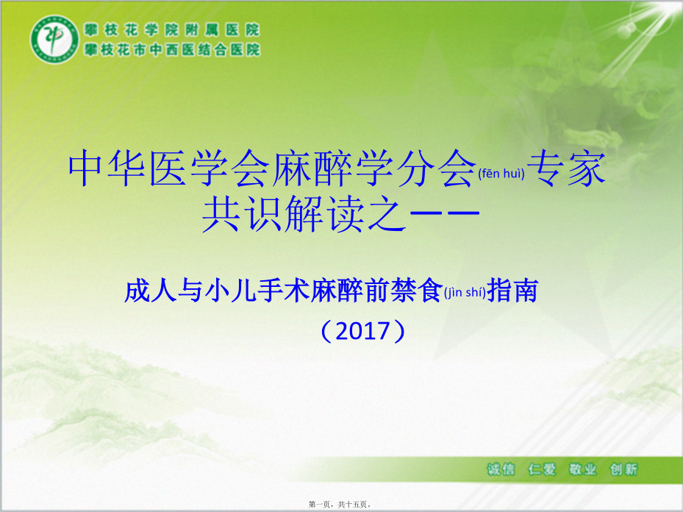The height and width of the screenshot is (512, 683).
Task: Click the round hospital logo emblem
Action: (x=54, y=40)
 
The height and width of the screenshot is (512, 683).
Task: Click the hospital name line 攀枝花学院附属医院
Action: (x=171, y=29)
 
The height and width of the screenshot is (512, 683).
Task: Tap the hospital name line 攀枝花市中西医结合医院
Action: (x=171, y=49)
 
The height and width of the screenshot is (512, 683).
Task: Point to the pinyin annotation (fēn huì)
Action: (x=501, y=174)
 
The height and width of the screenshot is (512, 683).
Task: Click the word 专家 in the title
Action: (x=566, y=168)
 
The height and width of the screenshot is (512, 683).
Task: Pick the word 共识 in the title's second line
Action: (x=242, y=213)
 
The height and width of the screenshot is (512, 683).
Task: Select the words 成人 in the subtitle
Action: (x=150, y=291)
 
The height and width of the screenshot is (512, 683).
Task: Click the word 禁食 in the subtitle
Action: (x=416, y=291)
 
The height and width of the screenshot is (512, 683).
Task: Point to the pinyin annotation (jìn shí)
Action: (x=465, y=292)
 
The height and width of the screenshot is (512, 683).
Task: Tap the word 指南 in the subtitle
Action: (x=512, y=291)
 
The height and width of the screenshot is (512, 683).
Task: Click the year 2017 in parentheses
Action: (x=363, y=331)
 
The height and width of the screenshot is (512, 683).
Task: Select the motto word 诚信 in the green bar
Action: (x=501, y=469)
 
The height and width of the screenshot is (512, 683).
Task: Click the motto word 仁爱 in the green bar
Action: (x=541, y=469)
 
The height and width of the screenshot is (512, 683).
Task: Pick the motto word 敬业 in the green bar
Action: (x=582, y=469)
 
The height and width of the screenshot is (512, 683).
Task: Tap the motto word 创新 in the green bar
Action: (x=623, y=469)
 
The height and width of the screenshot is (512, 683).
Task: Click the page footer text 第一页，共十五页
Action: (x=340, y=504)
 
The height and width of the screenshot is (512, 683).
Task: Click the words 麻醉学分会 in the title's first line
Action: (x=373, y=168)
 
